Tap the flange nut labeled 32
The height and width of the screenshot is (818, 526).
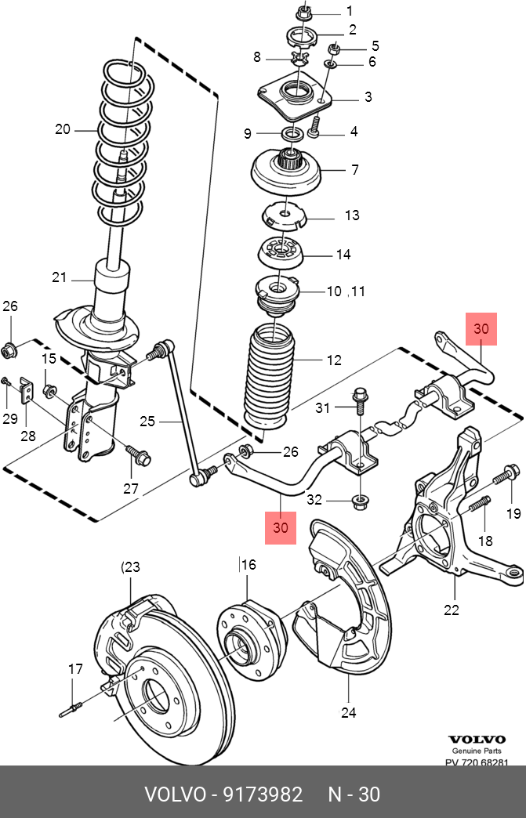(x=361, y=499)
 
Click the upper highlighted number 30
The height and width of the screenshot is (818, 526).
(x=481, y=329)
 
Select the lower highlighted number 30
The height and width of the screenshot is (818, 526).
(x=281, y=528)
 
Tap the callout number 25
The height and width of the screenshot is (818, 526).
(x=148, y=422)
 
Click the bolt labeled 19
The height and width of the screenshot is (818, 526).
(x=505, y=473)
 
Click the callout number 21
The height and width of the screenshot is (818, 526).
(x=60, y=277)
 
